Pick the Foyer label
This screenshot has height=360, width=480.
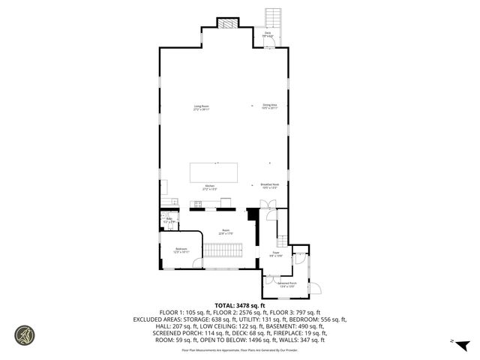[276, 254]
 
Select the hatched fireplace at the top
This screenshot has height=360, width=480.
[227, 22]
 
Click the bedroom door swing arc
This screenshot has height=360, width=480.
[197, 261]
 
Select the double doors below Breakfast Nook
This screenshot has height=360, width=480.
[265, 205]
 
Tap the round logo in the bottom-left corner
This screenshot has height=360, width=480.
[25, 334]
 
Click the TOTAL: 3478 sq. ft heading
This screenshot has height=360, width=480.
[239, 304]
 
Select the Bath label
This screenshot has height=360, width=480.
[169, 220]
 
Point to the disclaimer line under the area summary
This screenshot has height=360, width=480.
[239, 349]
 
